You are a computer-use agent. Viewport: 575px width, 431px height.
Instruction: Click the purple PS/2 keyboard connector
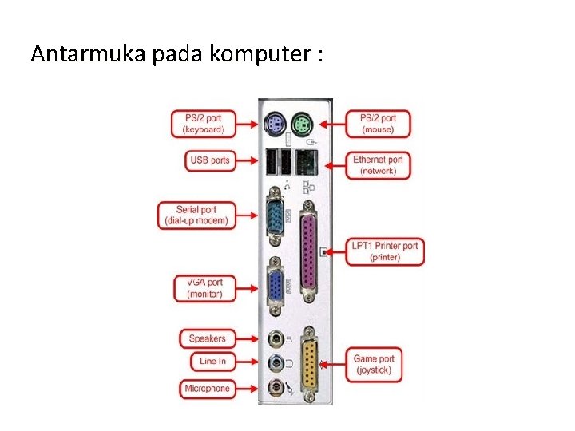pyautogui.click(x=274, y=124)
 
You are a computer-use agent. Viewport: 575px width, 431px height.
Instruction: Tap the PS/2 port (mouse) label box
pyautogui.click(x=378, y=123)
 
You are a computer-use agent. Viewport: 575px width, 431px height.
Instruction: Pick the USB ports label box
pyautogui.click(x=210, y=160)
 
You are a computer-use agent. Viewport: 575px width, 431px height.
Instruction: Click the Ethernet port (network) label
pyautogui.click(x=378, y=165)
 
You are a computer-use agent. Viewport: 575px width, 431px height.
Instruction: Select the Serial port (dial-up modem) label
pyautogui.click(x=196, y=215)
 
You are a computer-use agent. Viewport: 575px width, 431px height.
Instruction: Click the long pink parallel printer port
pyautogui.click(x=307, y=251)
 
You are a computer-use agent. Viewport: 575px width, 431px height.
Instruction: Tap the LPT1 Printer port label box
pyautogui.click(x=385, y=251)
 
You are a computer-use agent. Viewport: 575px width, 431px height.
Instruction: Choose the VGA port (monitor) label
pyautogui.click(x=204, y=288)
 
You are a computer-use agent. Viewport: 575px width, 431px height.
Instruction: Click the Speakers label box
pyautogui.click(x=208, y=338)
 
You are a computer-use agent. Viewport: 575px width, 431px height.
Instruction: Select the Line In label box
pyautogui.click(x=212, y=361)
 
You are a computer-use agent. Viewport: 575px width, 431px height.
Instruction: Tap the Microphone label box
pyautogui.click(x=208, y=389)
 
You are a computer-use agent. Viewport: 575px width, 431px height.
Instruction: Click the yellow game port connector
pyautogui.click(x=307, y=365)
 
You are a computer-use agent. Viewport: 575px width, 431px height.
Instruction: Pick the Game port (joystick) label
pyautogui.click(x=374, y=365)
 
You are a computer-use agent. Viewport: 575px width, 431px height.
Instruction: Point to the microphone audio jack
pyautogui.click(x=275, y=388)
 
